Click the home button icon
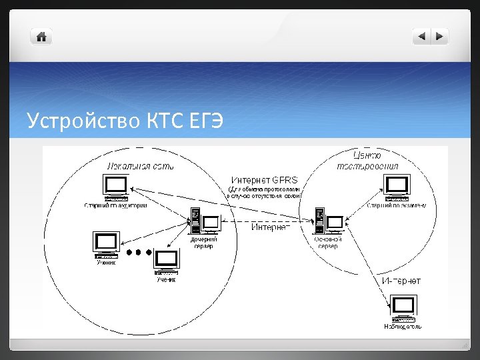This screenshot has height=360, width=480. click(x=41, y=37)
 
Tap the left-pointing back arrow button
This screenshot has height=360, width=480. click(x=421, y=37)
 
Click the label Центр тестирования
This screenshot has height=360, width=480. click(x=367, y=161)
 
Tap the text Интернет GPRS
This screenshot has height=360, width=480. click(x=265, y=179)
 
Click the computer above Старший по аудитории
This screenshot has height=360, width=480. click(x=116, y=187)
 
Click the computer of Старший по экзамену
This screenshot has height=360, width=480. click(x=397, y=187)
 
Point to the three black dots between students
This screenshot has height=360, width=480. click(x=139, y=253)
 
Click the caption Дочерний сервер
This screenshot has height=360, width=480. click(x=204, y=242)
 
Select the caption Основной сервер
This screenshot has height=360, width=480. click(x=327, y=242)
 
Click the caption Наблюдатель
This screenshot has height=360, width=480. click(x=403, y=327)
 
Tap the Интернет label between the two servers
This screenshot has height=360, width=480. click(x=270, y=227)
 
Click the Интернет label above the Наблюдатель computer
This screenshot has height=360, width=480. click(x=401, y=281)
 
